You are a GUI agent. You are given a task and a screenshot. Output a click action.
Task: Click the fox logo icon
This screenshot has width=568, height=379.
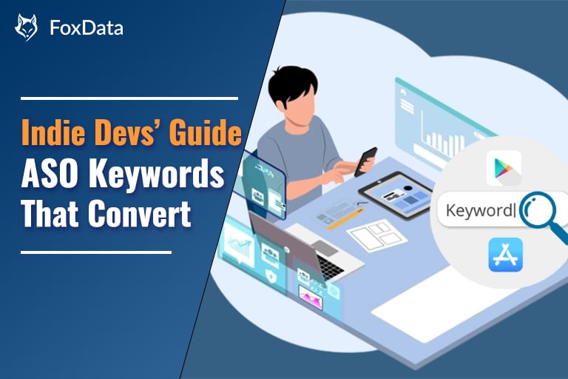coord(26,27)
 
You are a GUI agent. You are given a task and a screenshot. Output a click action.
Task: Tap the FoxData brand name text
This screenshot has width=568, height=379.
coord(86,29)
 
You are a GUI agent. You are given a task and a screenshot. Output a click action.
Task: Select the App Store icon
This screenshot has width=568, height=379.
coord(505,255)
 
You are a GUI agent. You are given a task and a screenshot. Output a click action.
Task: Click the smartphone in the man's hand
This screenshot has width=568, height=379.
coord(365,161)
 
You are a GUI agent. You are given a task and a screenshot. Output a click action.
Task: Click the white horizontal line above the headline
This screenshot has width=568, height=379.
coord(130,98)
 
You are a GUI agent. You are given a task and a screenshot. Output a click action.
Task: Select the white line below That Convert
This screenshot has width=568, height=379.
coord(96,252)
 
